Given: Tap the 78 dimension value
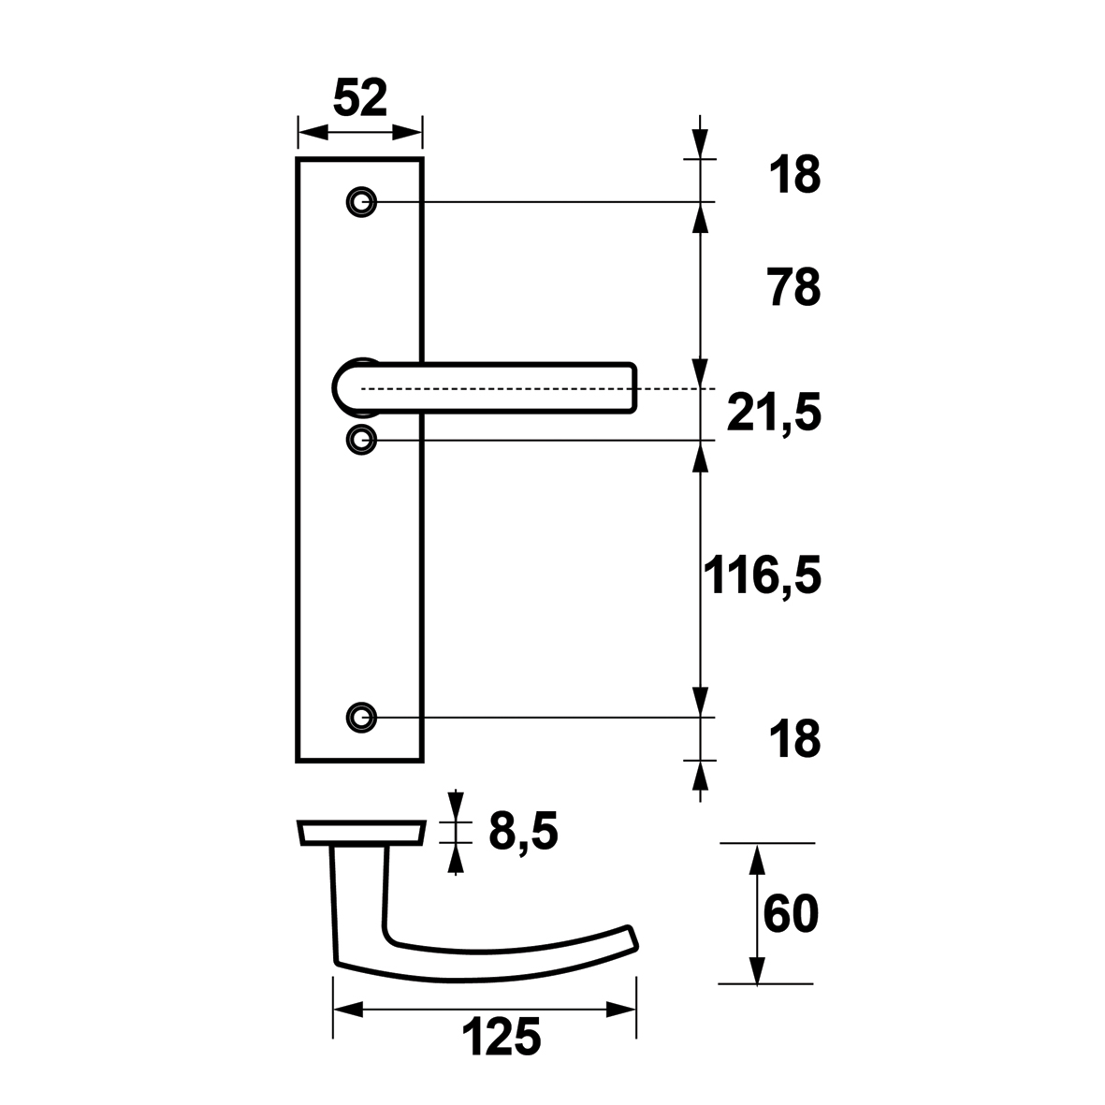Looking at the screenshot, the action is [794, 287].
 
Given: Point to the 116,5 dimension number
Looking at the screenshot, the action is [763, 575].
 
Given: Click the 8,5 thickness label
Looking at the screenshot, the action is [523, 833].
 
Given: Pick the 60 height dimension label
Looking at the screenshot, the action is [791, 913].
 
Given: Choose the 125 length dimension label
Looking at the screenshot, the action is [502, 1037].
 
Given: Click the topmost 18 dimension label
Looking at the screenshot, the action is [795, 175].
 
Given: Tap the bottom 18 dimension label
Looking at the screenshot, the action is [795, 739].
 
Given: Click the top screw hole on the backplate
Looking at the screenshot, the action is [362, 202].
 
